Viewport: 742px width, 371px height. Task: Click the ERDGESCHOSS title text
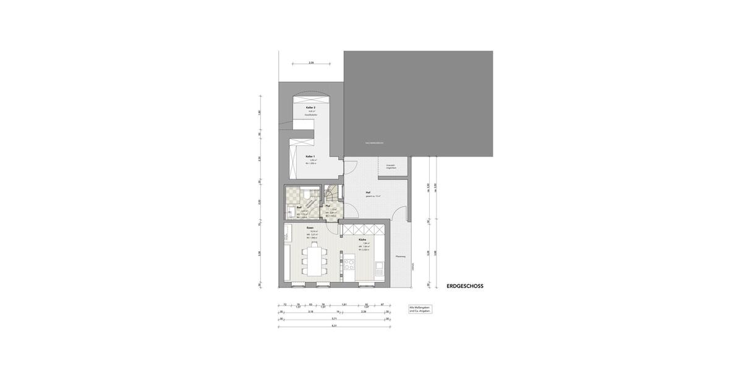tap(465, 286)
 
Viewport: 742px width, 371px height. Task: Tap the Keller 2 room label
tap(310, 108)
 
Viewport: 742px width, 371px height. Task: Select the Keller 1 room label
tap(310, 156)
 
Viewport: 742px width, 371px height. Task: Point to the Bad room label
tap(299, 207)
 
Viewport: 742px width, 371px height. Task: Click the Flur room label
tap(328, 205)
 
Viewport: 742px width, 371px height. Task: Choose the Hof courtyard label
tap(368, 192)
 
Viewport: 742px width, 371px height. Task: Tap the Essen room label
tap(310, 228)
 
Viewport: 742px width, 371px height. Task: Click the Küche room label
tap(362, 239)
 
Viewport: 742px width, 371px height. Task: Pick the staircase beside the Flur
tap(333, 194)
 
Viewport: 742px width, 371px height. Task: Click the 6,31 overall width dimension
tap(334, 325)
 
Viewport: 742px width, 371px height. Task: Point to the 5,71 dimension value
tap(334, 318)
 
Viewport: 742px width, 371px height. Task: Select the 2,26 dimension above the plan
tap(311, 63)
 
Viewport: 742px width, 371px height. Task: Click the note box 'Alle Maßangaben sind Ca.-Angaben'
tap(420, 309)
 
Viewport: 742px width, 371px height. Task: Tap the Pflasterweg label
tap(401, 257)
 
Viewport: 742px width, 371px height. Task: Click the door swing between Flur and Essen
tap(334, 229)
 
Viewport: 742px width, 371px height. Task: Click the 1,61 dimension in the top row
tap(344, 305)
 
